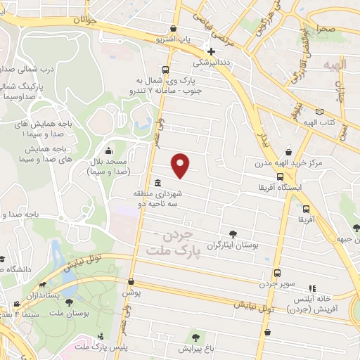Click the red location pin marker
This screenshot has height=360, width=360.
pyautogui.click(x=181, y=165)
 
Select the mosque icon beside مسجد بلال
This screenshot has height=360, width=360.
pyautogui.click(x=108, y=150)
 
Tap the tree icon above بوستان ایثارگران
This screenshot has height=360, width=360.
pyautogui.click(x=233, y=235)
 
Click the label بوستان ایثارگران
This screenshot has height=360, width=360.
pyautogui.click(x=232, y=246)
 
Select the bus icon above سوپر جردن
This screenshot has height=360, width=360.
pyautogui.click(x=277, y=273)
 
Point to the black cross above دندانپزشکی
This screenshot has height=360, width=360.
pyautogui.click(x=212, y=51)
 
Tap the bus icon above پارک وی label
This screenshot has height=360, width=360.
pyautogui.click(x=165, y=70)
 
